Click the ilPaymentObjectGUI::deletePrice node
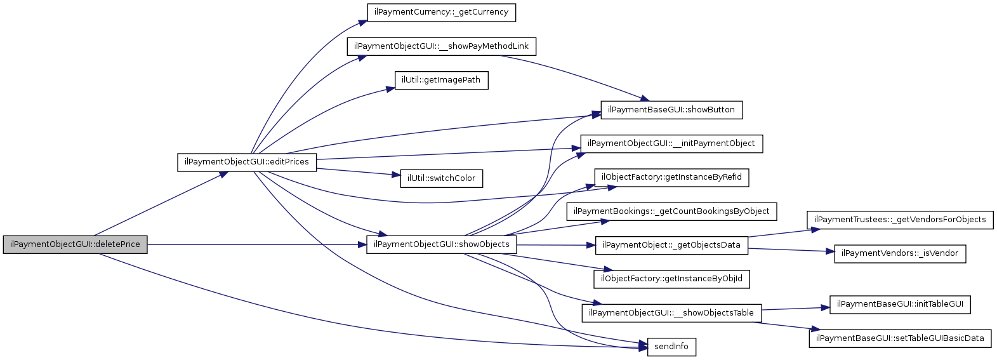75,244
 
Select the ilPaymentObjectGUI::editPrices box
246,162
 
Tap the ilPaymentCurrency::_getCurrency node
441,12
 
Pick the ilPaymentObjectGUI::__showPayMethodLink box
441,46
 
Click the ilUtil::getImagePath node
441,80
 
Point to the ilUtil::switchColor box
441,178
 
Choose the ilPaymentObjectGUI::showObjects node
441,244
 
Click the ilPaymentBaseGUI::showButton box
671,110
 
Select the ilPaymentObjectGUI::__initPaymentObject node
671,143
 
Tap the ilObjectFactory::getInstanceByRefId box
671,177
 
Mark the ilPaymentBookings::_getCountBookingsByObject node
671,211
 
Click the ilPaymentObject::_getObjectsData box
671,245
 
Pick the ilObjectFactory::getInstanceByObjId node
671,279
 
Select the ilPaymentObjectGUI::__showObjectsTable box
671,313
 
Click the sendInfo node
671,347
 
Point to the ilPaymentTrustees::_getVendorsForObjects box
899,220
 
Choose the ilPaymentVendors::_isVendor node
899,253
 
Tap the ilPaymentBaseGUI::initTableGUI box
899,304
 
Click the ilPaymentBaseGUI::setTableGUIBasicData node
899,338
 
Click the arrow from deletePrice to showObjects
254,244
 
